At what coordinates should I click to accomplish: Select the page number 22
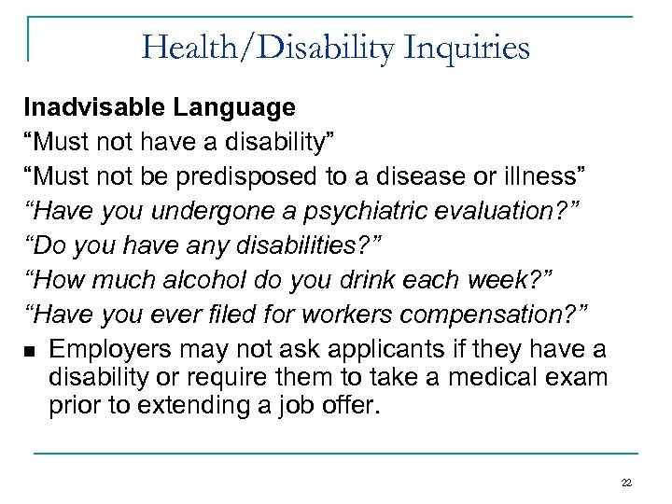(625, 482)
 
